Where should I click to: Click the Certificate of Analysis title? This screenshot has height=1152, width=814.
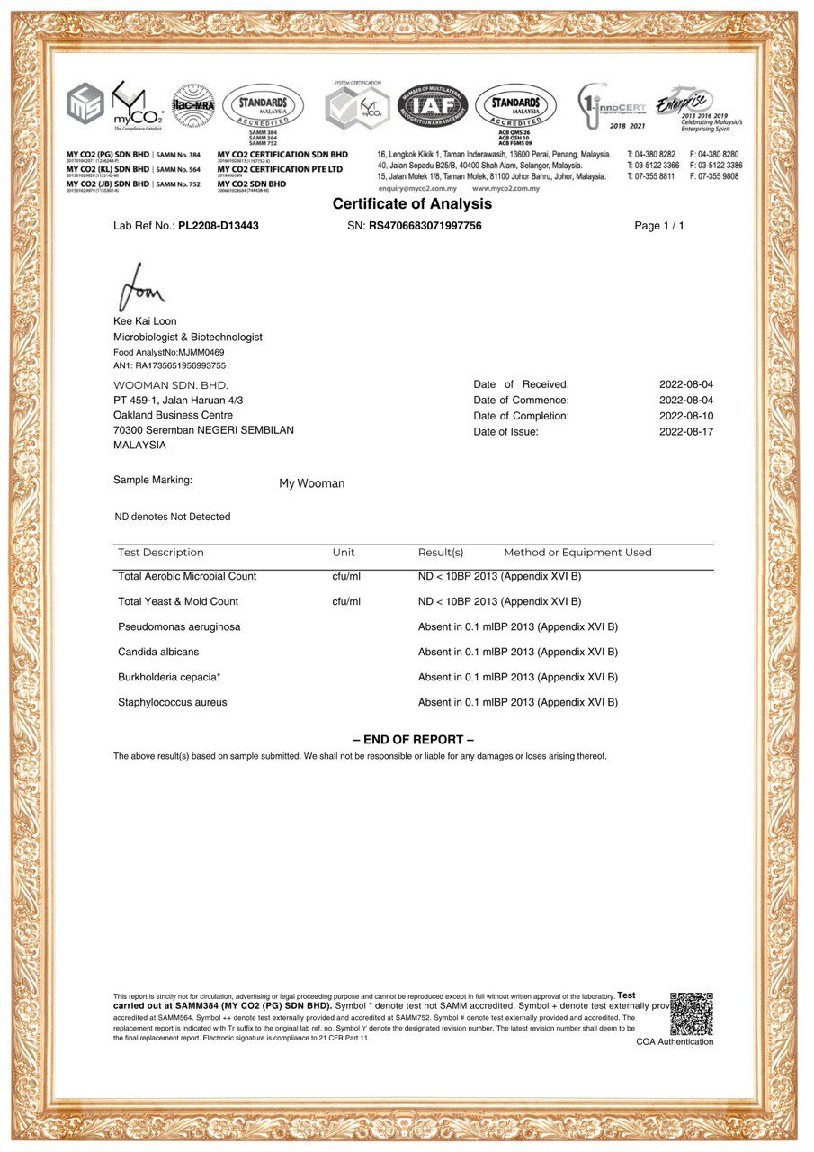tap(412, 204)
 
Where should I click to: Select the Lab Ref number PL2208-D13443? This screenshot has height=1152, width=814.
tap(219, 226)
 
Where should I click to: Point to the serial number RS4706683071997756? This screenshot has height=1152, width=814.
tap(425, 226)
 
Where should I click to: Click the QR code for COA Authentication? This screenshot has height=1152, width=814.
tap(691, 1014)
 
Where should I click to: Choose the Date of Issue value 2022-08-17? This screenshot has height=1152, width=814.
tap(686, 432)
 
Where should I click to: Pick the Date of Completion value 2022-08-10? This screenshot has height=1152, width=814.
tap(686, 416)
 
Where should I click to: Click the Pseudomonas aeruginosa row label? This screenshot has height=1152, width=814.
tap(179, 626)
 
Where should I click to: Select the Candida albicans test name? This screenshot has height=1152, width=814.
tap(158, 652)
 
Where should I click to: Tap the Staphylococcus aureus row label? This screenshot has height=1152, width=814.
tap(173, 702)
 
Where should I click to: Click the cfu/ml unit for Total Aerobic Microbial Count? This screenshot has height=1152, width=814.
tap(346, 576)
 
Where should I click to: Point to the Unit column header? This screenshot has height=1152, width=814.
tap(344, 553)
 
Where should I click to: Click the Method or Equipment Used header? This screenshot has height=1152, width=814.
tap(577, 553)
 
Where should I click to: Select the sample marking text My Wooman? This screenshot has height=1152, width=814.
tap(311, 483)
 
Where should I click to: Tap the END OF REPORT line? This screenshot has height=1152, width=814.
tap(413, 740)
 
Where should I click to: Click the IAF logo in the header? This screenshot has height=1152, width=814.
tap(434, 106)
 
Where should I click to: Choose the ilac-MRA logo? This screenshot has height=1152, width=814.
tap(193, 105)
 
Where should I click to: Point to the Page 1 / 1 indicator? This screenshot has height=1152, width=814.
tap(658, 226)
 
